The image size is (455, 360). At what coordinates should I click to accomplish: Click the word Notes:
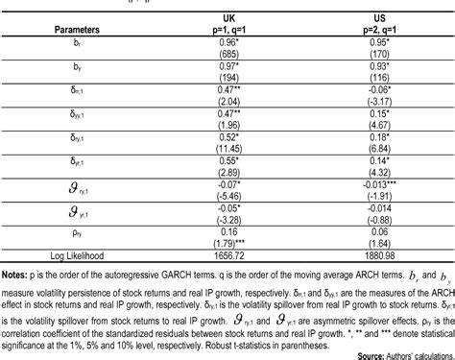(x=19, y=274)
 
